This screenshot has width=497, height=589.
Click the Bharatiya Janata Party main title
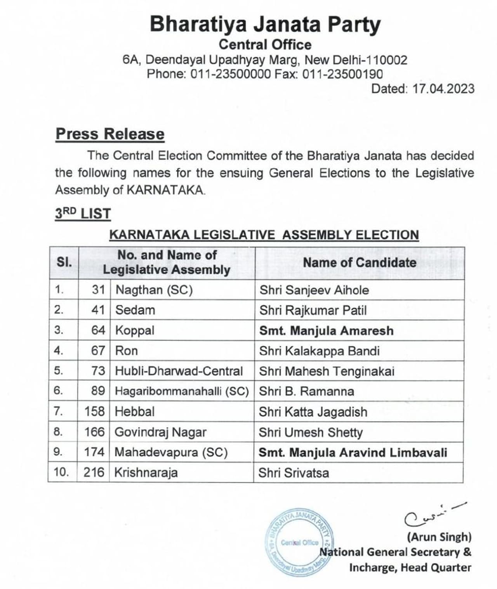coord(265,24)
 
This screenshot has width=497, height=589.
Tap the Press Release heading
coord(110,134)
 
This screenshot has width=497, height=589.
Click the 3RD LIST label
coord(83,214)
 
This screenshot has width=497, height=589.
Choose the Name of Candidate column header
coord(359,262)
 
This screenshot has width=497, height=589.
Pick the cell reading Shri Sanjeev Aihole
coord(314,290)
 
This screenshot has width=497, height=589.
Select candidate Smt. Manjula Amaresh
coord(326,330)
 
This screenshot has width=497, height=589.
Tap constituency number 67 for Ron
coord(98,351)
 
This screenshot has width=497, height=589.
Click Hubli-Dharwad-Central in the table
coord(179,371)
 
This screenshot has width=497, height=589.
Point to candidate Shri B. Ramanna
coord(306,391)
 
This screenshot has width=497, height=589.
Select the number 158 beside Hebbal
coord(94,411)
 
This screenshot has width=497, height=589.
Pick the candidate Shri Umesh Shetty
coord(311,432)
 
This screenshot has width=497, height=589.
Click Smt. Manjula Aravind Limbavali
coord(353,452)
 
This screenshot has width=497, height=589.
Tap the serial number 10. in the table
coord(61,472)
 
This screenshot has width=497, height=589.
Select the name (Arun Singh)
coord(439,537)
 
